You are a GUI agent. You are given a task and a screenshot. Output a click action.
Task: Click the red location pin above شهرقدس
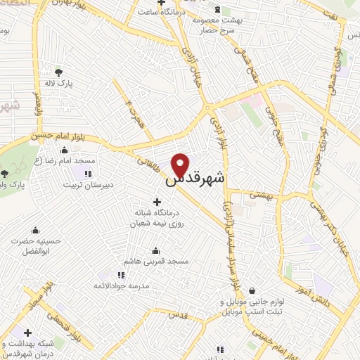point(181,164)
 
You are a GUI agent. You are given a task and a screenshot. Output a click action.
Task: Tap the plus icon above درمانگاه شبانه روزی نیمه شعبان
point(156,202)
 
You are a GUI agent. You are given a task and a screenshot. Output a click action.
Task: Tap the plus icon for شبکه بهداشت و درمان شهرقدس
point(28,333)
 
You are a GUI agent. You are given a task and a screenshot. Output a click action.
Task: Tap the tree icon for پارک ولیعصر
point(5,172)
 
